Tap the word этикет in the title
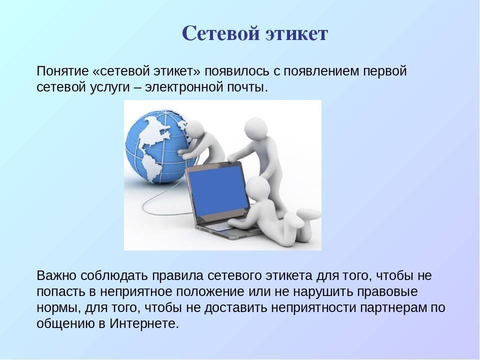(296, 33)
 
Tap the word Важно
(56, 275)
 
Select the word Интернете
(144, 324)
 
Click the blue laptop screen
(217, 190)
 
